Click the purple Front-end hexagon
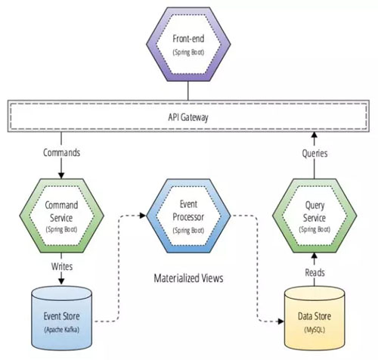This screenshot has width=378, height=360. click(188, 44)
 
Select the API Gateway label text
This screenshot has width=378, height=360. click(188, 117)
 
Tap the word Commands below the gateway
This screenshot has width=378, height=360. click(61, 153)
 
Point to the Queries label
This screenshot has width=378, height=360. click(314, 154)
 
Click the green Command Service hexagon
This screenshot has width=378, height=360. click(61, 216)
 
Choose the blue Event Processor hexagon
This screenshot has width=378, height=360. click(188, 216)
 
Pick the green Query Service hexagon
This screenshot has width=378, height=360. click(314, 216)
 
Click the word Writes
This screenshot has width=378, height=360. click(62, 266)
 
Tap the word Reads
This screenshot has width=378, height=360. click(314, 272)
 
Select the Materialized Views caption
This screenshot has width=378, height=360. click(188, 278)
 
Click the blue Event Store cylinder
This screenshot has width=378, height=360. click(61, 318)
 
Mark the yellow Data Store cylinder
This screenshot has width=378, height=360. click(314, 318)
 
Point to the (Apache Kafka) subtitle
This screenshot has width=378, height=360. click(61, 330)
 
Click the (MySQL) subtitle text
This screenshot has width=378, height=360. click(314, 330)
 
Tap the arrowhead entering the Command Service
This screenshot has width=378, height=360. click(61, 175)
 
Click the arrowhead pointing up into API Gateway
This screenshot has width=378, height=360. click(314, 135)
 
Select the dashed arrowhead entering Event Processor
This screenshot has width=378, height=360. click(143, 216)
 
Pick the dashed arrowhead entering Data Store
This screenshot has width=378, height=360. click(280, 321)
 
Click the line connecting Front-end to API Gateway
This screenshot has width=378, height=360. click(188, 91)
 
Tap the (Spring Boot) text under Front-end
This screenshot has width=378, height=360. click(188, 52)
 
